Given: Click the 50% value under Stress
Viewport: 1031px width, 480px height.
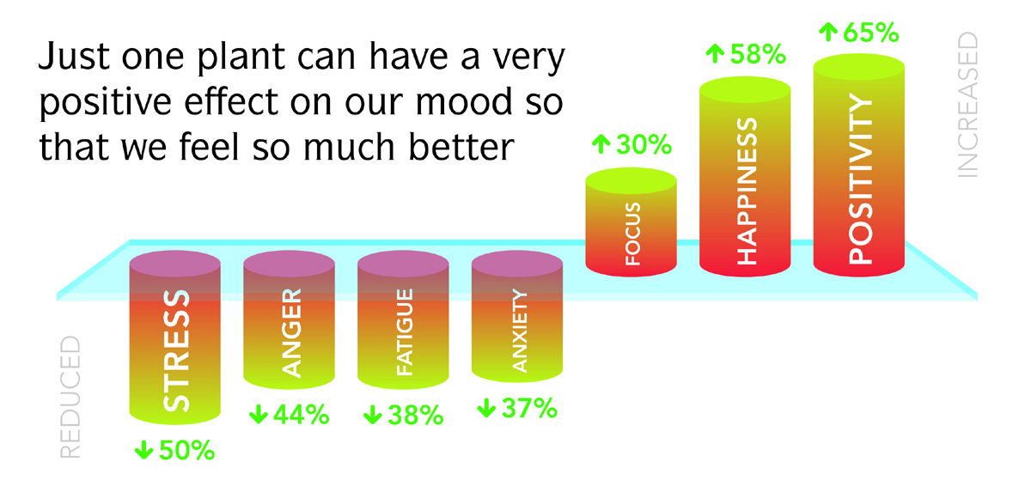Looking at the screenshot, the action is coord(186,450).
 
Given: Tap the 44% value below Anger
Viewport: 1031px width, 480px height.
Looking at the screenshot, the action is coord(302,414).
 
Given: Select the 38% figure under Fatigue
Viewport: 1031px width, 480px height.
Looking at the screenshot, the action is coord(416,415).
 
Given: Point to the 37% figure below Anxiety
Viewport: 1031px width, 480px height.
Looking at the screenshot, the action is coord(529,408).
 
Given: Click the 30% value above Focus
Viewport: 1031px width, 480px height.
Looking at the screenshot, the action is coord(644,144).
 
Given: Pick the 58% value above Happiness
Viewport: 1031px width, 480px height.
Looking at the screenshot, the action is coord(758,54).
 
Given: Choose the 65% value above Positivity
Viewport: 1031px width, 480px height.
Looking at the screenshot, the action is coord(871,33).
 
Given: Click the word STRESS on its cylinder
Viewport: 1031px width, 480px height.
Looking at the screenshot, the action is coord(176,350).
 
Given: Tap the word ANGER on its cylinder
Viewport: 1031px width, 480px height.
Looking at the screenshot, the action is coord(291,332).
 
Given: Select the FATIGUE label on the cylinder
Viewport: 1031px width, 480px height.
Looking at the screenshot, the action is coord(405,331).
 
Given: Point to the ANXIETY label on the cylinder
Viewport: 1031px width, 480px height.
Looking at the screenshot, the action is coord(519,331).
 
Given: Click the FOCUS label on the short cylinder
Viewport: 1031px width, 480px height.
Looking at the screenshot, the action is coord(633,234).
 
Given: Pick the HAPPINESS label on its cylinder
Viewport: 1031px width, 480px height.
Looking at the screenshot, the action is coord(747,191).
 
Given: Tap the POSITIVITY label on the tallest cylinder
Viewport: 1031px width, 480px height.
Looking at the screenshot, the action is coord(860,179).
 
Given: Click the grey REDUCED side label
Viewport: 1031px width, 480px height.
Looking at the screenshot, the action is coord(70,398).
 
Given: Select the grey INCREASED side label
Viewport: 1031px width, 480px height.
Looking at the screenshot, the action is coord(967,105).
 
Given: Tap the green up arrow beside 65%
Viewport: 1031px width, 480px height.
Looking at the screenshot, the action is coord(828,33).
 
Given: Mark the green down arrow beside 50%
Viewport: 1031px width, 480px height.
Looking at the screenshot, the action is coord(144,450).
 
